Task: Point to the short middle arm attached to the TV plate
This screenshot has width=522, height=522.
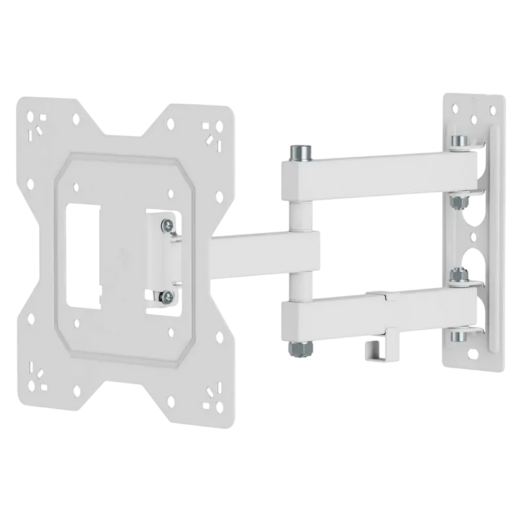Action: click(x=264, y=249)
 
